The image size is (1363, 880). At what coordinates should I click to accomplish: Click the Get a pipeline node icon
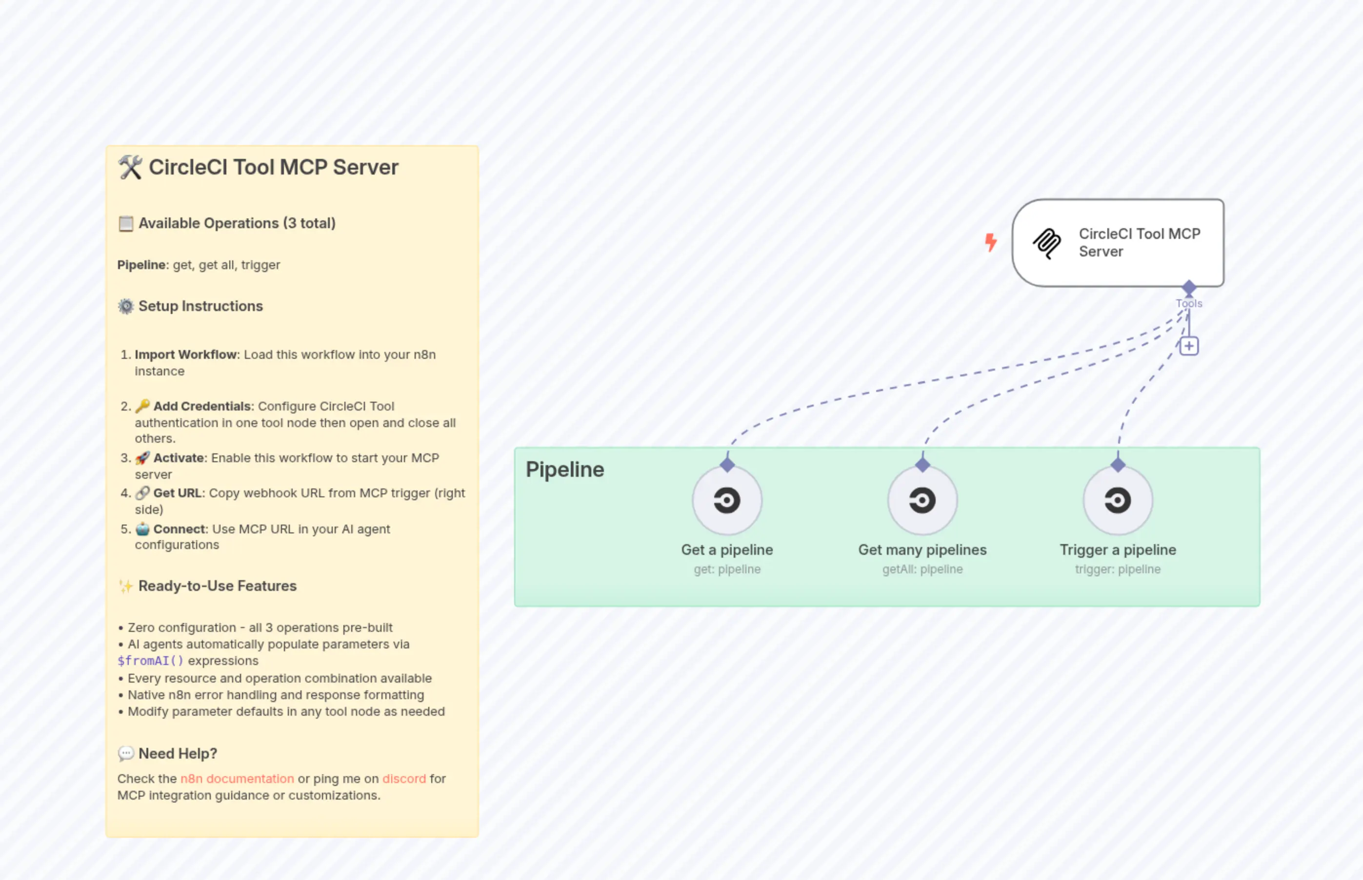727,501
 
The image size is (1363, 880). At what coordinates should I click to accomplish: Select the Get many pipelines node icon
922,501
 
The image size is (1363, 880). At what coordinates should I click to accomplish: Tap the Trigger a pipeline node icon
1117,501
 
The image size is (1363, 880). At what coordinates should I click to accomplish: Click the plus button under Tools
1189,346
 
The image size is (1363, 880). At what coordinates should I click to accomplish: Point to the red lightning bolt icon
991,242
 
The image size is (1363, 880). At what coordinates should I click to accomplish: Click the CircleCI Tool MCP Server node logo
1047,243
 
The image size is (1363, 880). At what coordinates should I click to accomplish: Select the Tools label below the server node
1189,303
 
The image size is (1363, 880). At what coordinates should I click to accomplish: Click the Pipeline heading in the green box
564,469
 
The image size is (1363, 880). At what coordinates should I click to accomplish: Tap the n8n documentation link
237,779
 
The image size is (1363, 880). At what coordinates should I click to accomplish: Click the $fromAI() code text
150,661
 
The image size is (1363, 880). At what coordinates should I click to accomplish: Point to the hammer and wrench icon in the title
130,167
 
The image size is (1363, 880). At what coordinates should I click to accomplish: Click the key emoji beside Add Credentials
142,406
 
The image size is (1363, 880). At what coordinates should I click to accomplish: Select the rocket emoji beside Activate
142,458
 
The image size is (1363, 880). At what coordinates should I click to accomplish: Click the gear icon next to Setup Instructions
126,306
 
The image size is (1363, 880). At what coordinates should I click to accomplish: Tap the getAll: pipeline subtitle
922,569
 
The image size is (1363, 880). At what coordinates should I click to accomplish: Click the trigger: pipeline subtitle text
1117,569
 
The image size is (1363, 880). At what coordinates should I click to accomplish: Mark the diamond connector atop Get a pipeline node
727,465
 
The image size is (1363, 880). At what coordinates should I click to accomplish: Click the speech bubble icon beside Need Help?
126,754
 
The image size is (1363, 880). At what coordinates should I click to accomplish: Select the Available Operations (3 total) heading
237,223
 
